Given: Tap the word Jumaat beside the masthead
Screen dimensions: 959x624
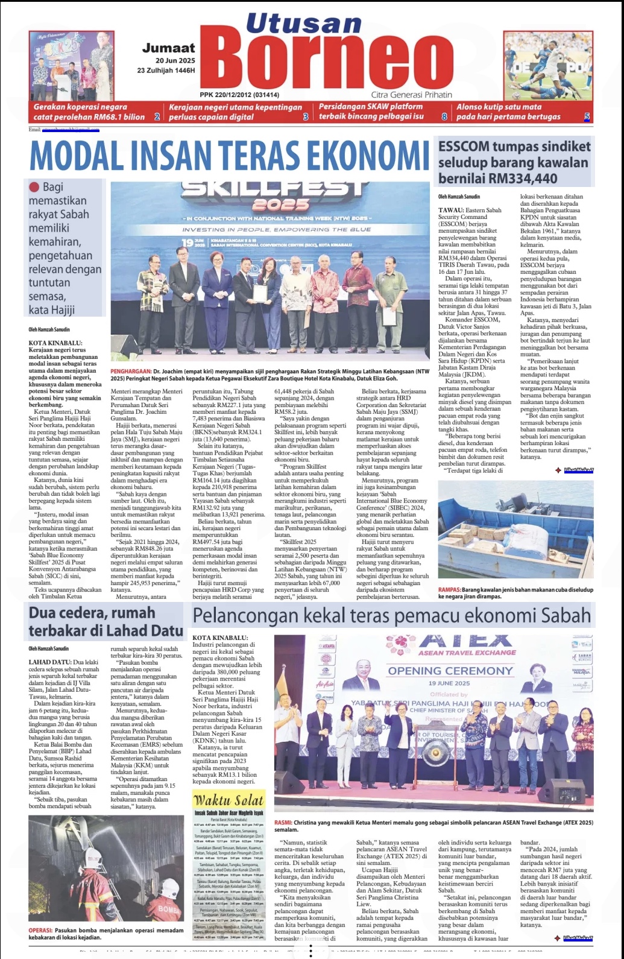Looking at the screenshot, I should pyautogui.click(x=169, y=48).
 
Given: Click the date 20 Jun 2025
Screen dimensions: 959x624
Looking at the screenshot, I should pyautogui.click(x=175, y=61).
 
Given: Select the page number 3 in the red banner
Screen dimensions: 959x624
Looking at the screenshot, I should pyautogui.click(x=306, y=116).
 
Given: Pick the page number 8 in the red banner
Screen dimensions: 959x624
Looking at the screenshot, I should pyautogui.click(x=444, y=116).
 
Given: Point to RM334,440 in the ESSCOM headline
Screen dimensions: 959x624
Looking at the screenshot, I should pyautogui.click(x=515, y=179).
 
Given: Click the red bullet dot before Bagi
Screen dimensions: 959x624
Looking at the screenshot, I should pyautogui.click(x=34, y=187).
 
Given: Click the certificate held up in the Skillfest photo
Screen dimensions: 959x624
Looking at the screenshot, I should pyautogui.click(x=260, y=293).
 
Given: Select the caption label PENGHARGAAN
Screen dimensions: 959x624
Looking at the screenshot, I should pyautogui.click(x=130, y=372).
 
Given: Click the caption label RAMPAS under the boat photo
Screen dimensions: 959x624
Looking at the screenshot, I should pyautogui.click(x=449, y=590).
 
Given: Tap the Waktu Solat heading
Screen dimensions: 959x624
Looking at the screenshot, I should pyautogui.click(x=228, y=800).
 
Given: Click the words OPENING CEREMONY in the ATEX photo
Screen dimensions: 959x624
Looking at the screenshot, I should pyautogui.click(x=450, y=671).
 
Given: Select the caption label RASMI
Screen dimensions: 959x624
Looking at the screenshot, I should pyautogui.click(x=283, y=823).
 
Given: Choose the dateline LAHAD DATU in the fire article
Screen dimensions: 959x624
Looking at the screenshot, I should pyautogui.click(x=50, y=662).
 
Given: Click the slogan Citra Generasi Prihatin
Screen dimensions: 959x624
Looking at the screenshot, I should pyautogui.click(x=411, y=95).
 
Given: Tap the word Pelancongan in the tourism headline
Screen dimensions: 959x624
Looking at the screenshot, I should pyautogui.click(x=245, y=616).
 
